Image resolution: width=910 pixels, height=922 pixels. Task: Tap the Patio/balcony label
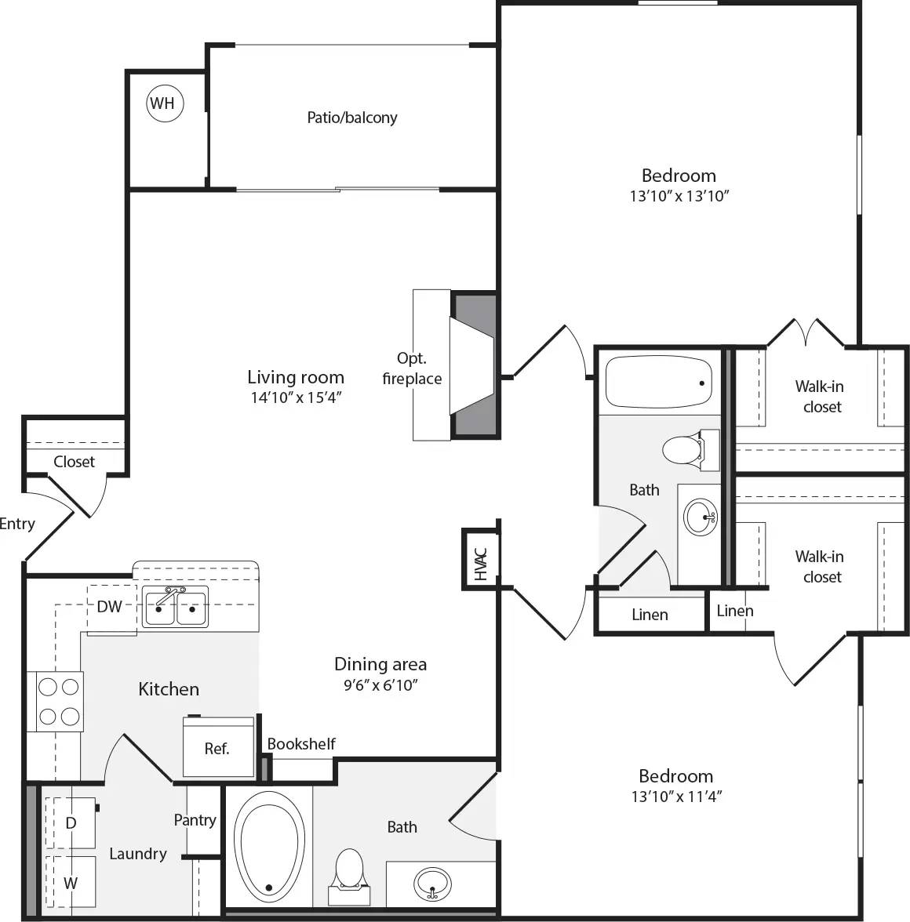351,118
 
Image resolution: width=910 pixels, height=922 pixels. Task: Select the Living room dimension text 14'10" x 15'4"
296,397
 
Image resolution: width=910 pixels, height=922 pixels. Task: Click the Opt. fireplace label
412,368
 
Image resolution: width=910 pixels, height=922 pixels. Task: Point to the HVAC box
480,557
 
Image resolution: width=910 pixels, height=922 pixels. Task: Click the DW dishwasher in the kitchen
110,606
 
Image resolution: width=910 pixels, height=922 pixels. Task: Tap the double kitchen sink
175,607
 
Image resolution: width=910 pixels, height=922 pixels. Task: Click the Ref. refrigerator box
217,748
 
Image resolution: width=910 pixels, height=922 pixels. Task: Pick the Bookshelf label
301,744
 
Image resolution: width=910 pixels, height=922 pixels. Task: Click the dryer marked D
71,822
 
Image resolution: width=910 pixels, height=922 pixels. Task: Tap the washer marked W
71,883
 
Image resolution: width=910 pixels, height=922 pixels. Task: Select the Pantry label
195,820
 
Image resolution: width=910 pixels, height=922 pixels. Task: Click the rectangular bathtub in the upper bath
658,381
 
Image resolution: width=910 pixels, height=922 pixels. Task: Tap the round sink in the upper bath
700,517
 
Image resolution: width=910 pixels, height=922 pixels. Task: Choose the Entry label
17,524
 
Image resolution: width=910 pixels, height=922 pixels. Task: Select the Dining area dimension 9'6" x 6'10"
380,685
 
